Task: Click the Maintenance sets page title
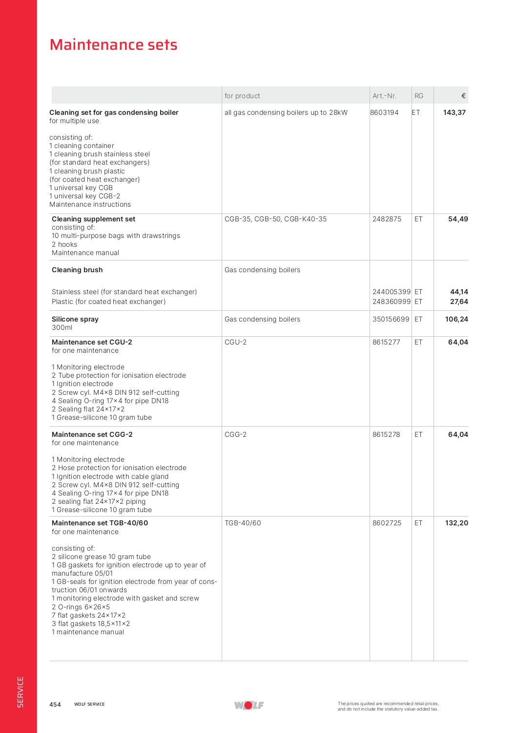pos(113,45)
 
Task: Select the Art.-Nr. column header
pos(384,96)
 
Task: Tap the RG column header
pos(419,96)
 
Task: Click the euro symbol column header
pos(463,96)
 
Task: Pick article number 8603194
pos(384,112)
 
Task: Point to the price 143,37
pos(454,112)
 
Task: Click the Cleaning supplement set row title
pos(93,219)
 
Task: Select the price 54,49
pos(458,219)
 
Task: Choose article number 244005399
pos(392,292)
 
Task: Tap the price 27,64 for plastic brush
pos(459,302)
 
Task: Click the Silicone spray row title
pos(75,319)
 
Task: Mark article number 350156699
pos(391,319)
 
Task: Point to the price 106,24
pos(456,319)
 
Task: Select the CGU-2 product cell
pos(235,342)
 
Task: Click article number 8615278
pos(386,434)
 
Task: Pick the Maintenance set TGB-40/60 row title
pos(100,523)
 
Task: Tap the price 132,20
pos(456,523)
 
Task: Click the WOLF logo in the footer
pos(249,705)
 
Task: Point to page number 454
pos(55,704)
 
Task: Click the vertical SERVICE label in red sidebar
pos(20,692)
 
